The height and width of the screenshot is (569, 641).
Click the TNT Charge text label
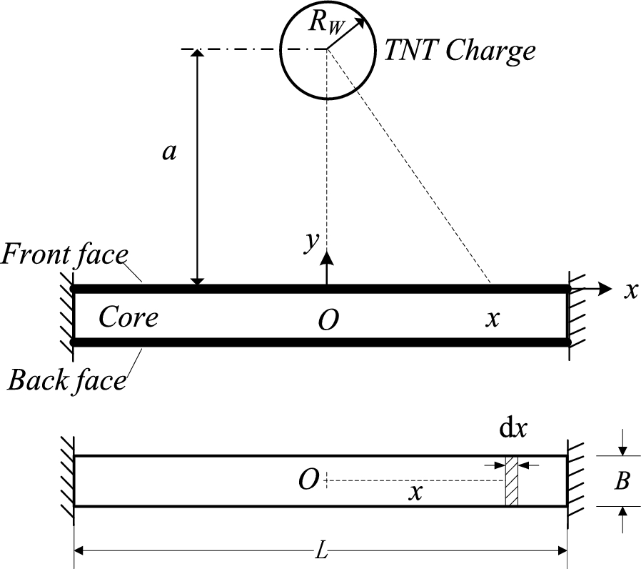(460, 51)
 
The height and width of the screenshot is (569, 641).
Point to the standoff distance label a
(169, 152)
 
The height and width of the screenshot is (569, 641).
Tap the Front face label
(65, 254)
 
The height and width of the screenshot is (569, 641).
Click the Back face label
(66, 380)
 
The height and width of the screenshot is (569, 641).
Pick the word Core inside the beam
(128, 317)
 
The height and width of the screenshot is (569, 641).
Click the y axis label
(310, 243)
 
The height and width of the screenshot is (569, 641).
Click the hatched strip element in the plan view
(511, 481)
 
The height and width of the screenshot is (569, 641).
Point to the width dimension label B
(622, 482)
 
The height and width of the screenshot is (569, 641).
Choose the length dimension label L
(320, 551)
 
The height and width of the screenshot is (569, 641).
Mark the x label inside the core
(491, 319)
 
